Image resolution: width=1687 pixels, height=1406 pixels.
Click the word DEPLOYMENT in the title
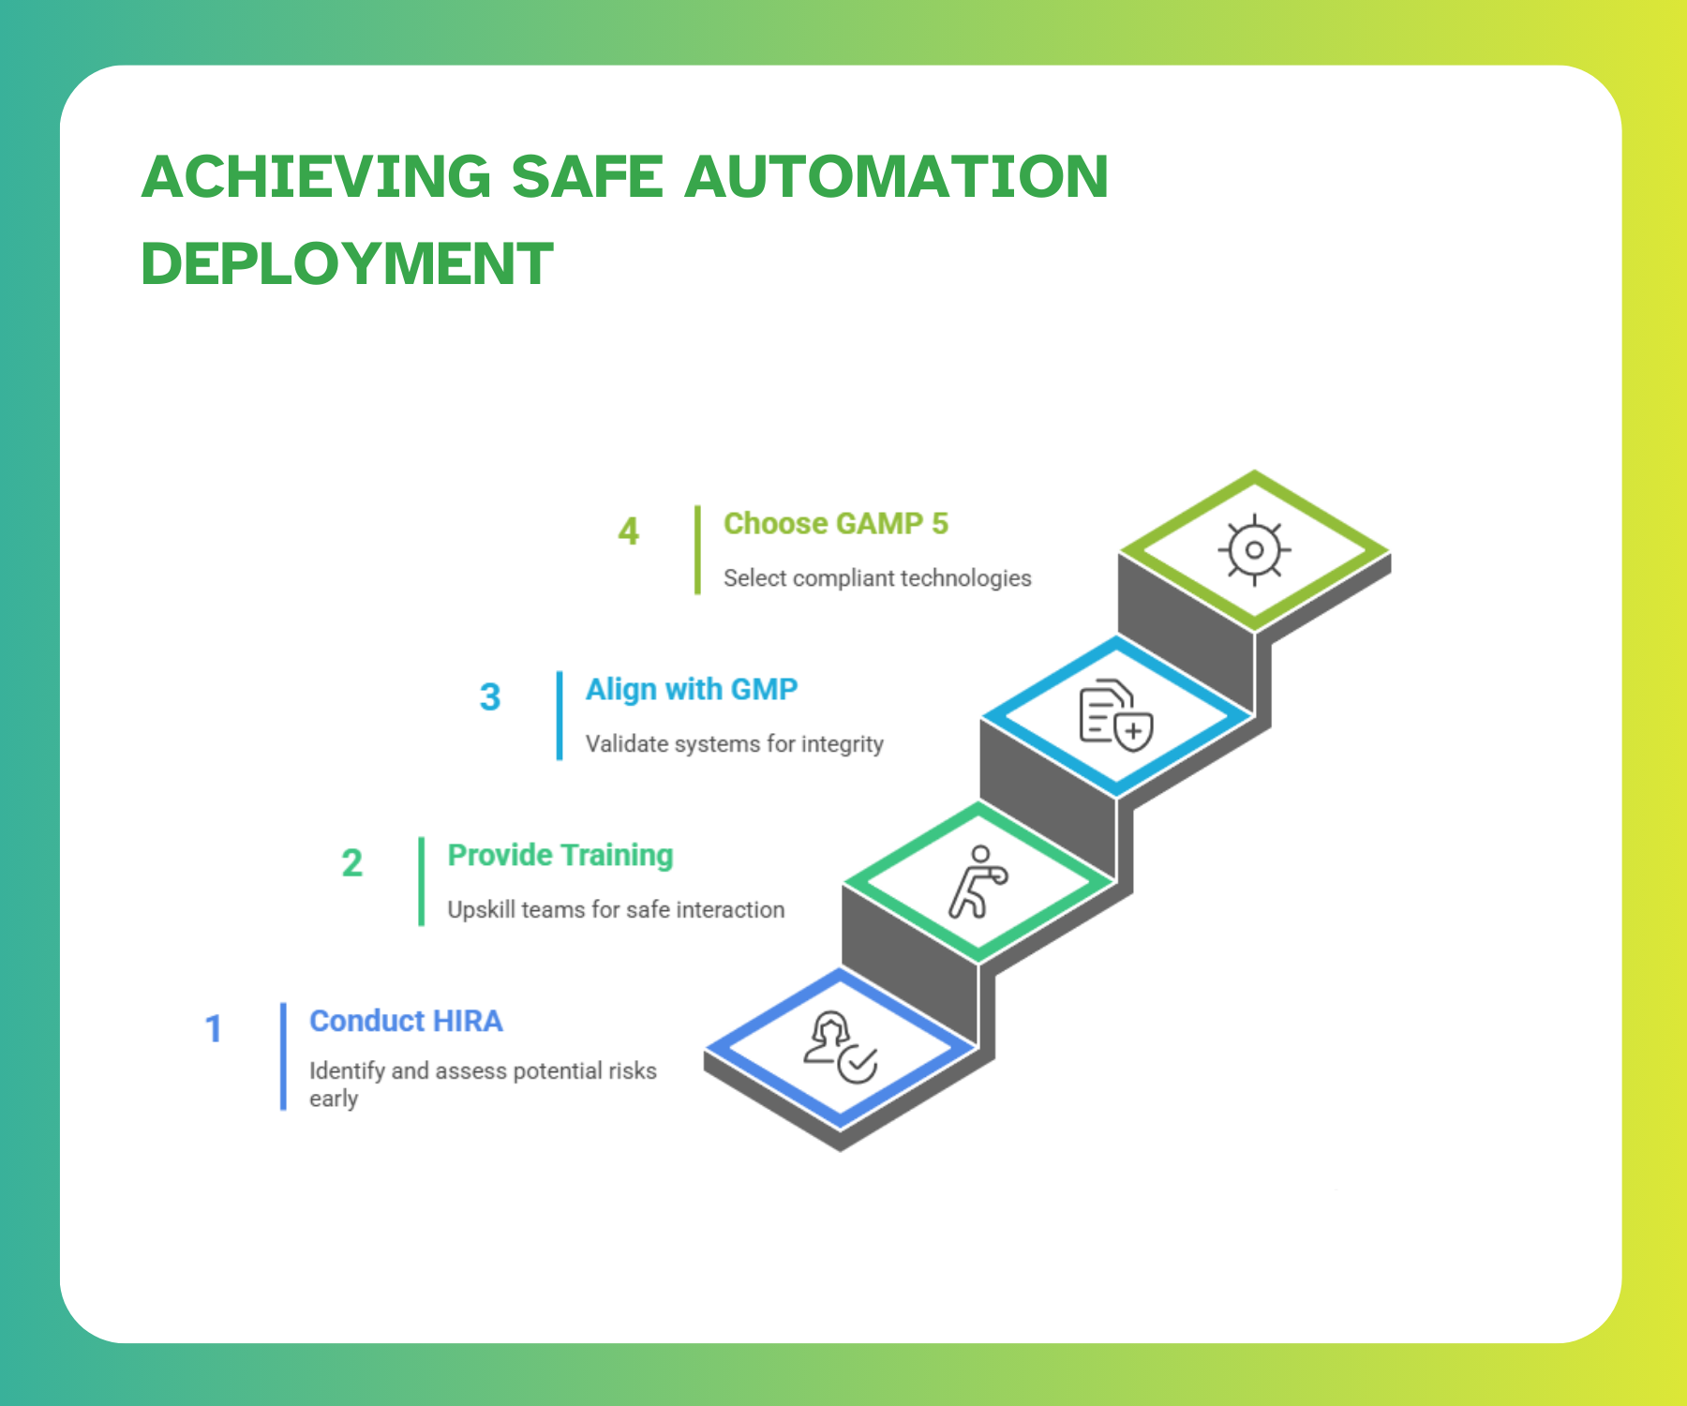347,263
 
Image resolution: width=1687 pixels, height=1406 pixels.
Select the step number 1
214,1028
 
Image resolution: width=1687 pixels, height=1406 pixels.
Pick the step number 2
351,862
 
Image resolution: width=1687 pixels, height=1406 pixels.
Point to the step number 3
489,696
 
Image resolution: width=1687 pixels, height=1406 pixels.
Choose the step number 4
628,531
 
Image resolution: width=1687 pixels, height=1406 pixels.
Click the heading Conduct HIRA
406,1021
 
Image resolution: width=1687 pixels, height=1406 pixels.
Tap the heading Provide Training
560,856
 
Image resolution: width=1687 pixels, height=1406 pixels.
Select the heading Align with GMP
692,690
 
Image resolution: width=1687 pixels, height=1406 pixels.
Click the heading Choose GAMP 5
836,523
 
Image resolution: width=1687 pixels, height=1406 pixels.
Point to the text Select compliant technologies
877,578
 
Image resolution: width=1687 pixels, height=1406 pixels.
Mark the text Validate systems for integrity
735,744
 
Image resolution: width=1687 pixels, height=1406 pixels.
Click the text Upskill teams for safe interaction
616,909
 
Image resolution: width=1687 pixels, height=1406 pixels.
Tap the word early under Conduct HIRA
334,1099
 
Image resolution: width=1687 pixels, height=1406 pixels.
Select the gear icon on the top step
1254,550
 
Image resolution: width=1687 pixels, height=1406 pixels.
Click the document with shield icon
1116,716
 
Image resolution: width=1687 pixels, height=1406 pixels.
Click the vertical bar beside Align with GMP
560,716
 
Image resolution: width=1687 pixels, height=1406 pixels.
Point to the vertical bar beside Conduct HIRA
283,1056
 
